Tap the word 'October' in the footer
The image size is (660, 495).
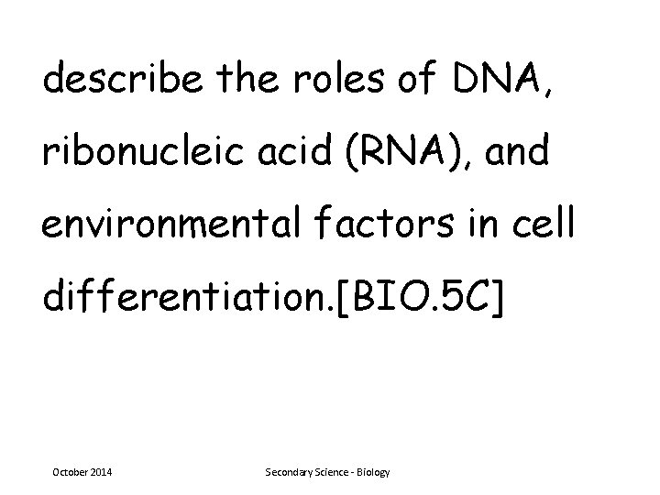pyautogui.click(x=71, y=472)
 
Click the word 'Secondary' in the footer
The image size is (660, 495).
pyautogui.click(x=289, y=472)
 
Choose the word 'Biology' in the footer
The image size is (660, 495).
pyautogui.click(x=375, y=472)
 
